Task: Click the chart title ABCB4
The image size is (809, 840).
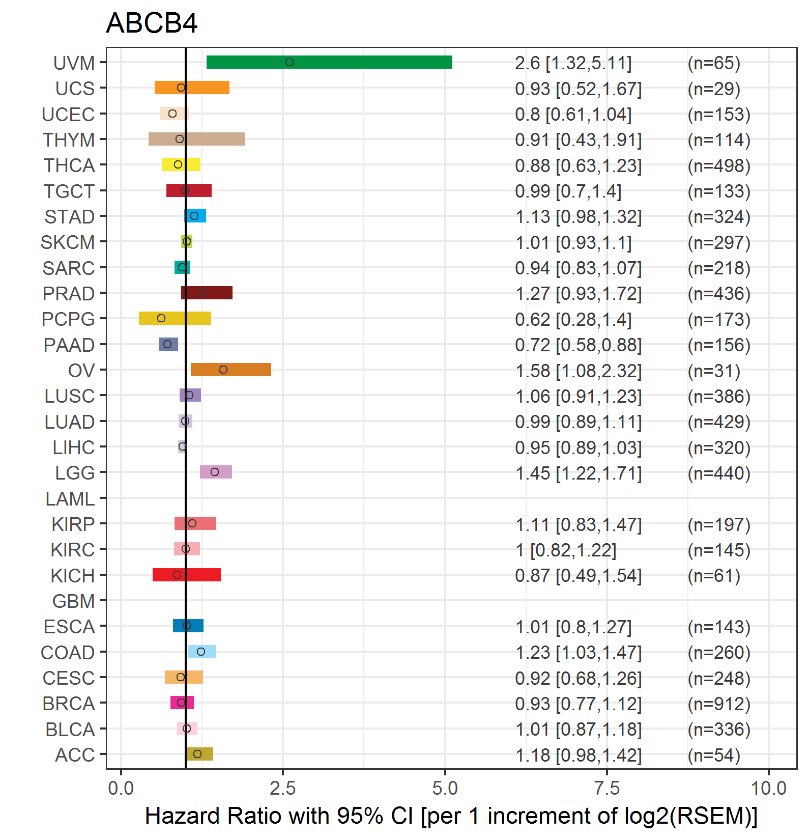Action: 152,23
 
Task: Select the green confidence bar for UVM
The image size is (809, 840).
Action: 329,62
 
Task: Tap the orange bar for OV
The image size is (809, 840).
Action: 231,370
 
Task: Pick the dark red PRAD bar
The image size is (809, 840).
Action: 207,293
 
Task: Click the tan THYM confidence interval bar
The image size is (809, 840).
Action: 196,139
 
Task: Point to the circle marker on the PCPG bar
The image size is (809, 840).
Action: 161,318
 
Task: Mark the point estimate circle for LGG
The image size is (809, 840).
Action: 215,472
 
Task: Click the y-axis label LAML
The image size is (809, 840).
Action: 70,499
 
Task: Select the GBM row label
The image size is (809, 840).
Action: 73,601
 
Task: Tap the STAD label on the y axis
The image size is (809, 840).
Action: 69,217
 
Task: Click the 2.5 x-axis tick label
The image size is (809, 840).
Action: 282,788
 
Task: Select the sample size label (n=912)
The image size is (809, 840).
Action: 719,704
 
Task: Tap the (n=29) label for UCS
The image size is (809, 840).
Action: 714,89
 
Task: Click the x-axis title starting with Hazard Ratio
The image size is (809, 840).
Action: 451,816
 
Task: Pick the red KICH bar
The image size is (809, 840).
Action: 187,575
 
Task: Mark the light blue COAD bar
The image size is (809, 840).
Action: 202,652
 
